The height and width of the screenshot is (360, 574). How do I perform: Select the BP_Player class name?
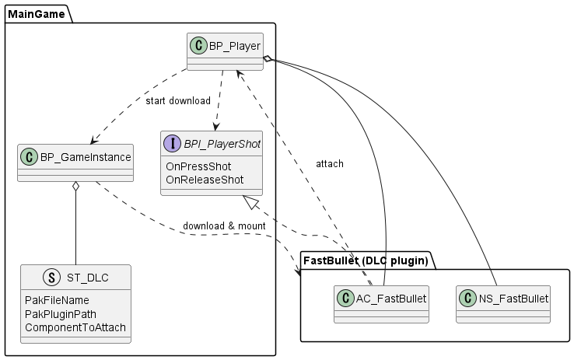(x=234, y=46)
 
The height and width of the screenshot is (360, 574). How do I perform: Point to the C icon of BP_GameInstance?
(x=30, y=157)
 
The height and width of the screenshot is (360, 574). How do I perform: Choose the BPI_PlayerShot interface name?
(x=222, y=144)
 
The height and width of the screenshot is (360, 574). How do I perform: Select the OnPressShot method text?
(x=198, y=166)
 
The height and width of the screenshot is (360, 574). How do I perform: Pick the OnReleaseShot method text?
(x=205, y=180)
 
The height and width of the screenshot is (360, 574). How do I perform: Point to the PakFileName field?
(x=57, y=300)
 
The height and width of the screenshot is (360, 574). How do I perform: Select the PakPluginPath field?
(x=62, y=314)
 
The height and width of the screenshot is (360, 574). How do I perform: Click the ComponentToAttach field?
(x=75, y=327)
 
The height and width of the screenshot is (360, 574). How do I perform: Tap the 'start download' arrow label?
(x=178, y=101)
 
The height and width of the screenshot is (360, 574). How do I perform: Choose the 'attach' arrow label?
(x=330, y=164)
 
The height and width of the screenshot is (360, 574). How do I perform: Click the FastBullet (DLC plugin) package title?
(x=365, y=260)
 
